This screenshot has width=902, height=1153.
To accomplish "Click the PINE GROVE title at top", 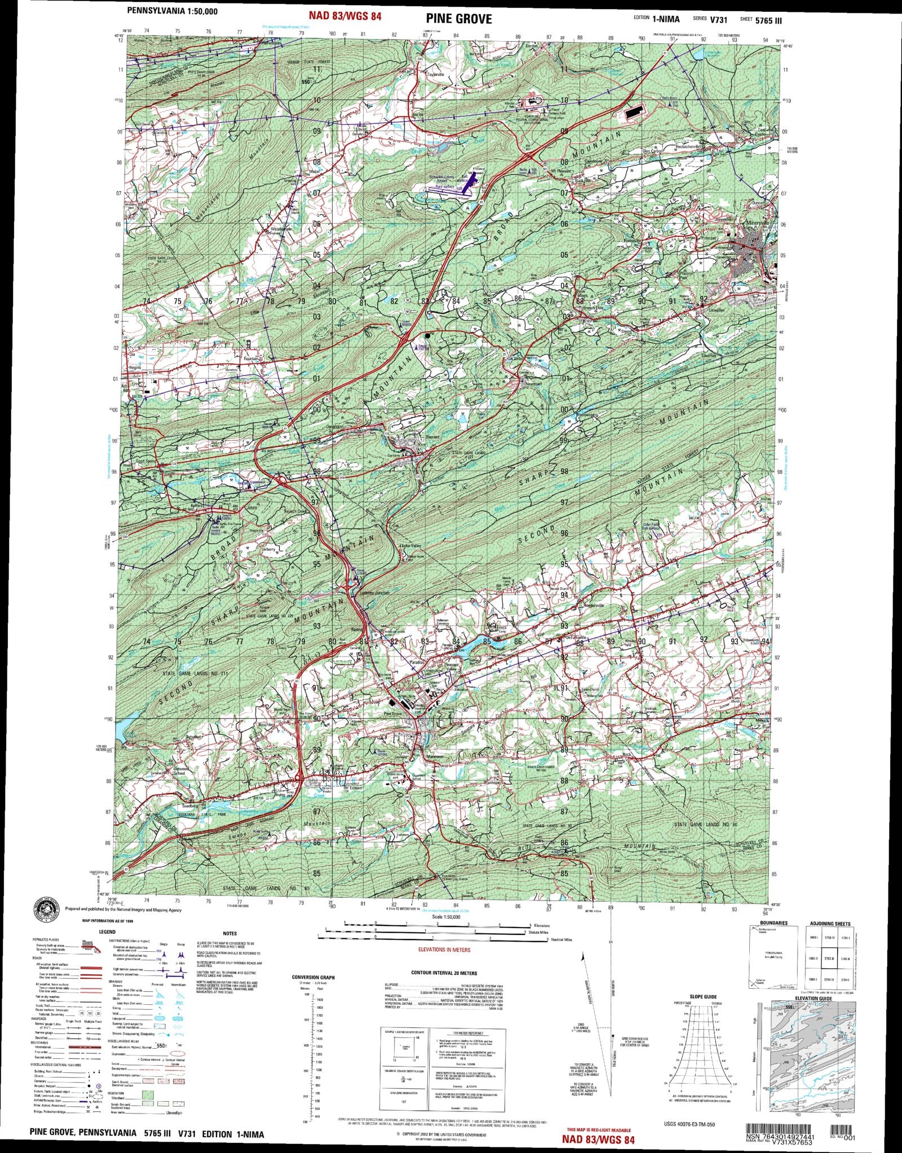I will point(458,20).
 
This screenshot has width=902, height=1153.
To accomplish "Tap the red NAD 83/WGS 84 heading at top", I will point(345,16).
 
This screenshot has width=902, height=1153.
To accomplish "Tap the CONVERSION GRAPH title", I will point(313,977).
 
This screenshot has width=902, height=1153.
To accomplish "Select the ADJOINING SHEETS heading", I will point(830,924).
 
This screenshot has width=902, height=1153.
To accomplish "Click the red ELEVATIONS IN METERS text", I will point(444,950).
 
